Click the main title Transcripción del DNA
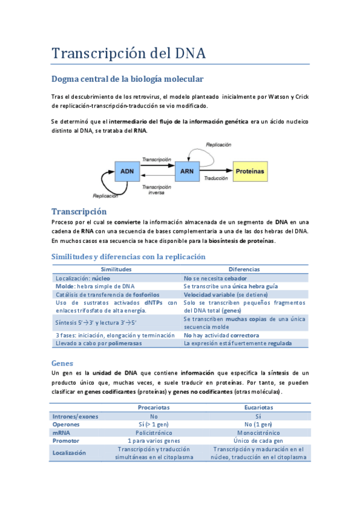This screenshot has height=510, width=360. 129,53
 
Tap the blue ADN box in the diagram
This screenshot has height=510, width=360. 127,171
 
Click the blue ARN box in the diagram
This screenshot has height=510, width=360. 186,171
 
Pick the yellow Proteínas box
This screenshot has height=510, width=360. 249,171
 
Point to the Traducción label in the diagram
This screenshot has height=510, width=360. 215,179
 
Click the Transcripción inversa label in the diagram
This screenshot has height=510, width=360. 156,190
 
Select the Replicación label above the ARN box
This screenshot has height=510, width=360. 218,144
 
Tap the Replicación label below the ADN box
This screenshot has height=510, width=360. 105,195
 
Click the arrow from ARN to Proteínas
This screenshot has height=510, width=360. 215,171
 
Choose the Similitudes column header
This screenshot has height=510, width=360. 116,269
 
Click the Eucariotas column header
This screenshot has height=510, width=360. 258,407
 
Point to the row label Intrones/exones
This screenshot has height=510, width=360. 76,416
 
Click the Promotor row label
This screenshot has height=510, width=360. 67,441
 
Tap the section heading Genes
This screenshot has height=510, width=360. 63,363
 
